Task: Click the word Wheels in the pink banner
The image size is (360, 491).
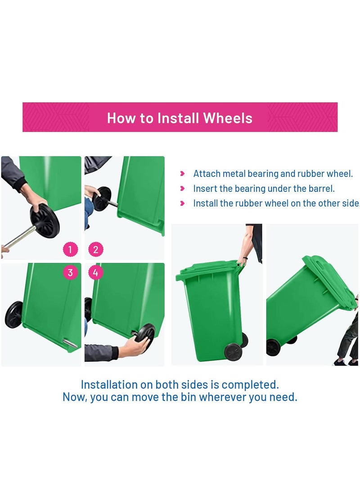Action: pos(228,118)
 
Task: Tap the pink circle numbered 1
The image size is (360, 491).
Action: pos(70,250)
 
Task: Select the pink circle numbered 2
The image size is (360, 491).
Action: pos(96,250)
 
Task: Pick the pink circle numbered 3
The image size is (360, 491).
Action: pos(70,272)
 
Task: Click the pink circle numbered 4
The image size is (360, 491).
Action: pos(95,272)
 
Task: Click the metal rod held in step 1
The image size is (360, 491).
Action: pos(19,237)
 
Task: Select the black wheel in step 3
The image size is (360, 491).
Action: pos(13,315)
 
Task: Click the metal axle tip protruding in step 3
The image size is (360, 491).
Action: pos(69,343)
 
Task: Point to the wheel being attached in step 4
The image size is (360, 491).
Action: pos(145,337)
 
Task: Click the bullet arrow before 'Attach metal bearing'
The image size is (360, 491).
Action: pos(183,173)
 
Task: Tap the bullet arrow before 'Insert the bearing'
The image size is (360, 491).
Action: pos(183,189)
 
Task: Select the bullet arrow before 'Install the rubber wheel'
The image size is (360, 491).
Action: pos(183,203)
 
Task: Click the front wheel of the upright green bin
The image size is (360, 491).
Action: pos(233,351)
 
